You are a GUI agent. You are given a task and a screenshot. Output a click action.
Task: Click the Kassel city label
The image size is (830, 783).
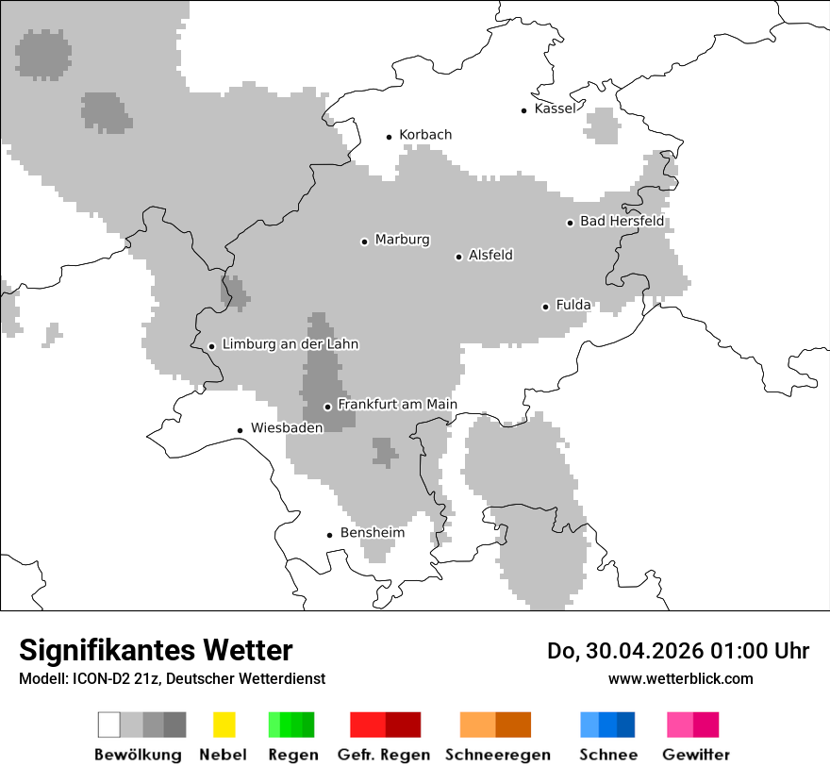point(555,108)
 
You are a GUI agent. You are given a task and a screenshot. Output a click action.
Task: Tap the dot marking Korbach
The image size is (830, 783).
point(389,137)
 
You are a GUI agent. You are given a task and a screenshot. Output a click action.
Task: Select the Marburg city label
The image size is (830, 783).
point(402,240)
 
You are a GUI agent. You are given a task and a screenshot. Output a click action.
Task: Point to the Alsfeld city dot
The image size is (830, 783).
point(458,257)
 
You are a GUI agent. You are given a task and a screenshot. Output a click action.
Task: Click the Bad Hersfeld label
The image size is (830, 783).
point(622,222)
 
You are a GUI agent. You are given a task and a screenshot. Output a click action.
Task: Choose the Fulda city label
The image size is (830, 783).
point(573,305)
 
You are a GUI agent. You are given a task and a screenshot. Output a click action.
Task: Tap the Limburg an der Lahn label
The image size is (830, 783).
point(290,344)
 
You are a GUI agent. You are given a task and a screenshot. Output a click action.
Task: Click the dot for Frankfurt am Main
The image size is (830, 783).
point(327,407)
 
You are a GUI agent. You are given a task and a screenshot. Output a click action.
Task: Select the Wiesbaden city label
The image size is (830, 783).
point(287,427)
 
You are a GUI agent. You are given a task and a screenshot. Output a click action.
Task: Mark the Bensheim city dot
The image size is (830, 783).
point(329,535)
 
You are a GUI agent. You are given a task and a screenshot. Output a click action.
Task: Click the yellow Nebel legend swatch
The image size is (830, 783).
point(224,725)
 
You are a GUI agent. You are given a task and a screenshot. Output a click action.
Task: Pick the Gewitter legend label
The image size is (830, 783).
point(696,755)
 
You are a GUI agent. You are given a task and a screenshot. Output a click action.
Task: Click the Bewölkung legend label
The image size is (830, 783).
point(138,755)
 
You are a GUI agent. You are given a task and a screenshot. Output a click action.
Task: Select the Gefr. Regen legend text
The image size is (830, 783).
point(383,755)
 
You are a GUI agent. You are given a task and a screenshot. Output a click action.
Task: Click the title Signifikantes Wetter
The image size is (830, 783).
point(156,650)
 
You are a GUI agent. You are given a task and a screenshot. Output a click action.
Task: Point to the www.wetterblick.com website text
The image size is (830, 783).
point(680,678)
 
